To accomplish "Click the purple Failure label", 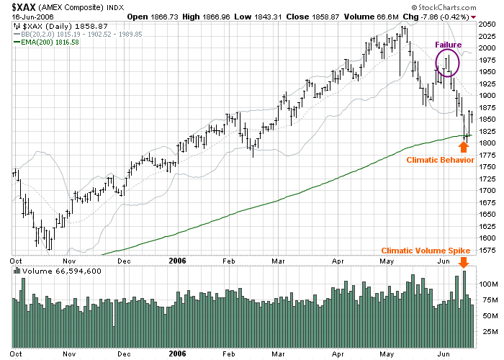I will pos(448,45).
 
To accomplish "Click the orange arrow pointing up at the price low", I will pos(464,146).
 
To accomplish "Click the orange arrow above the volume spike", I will pos(464,263).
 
